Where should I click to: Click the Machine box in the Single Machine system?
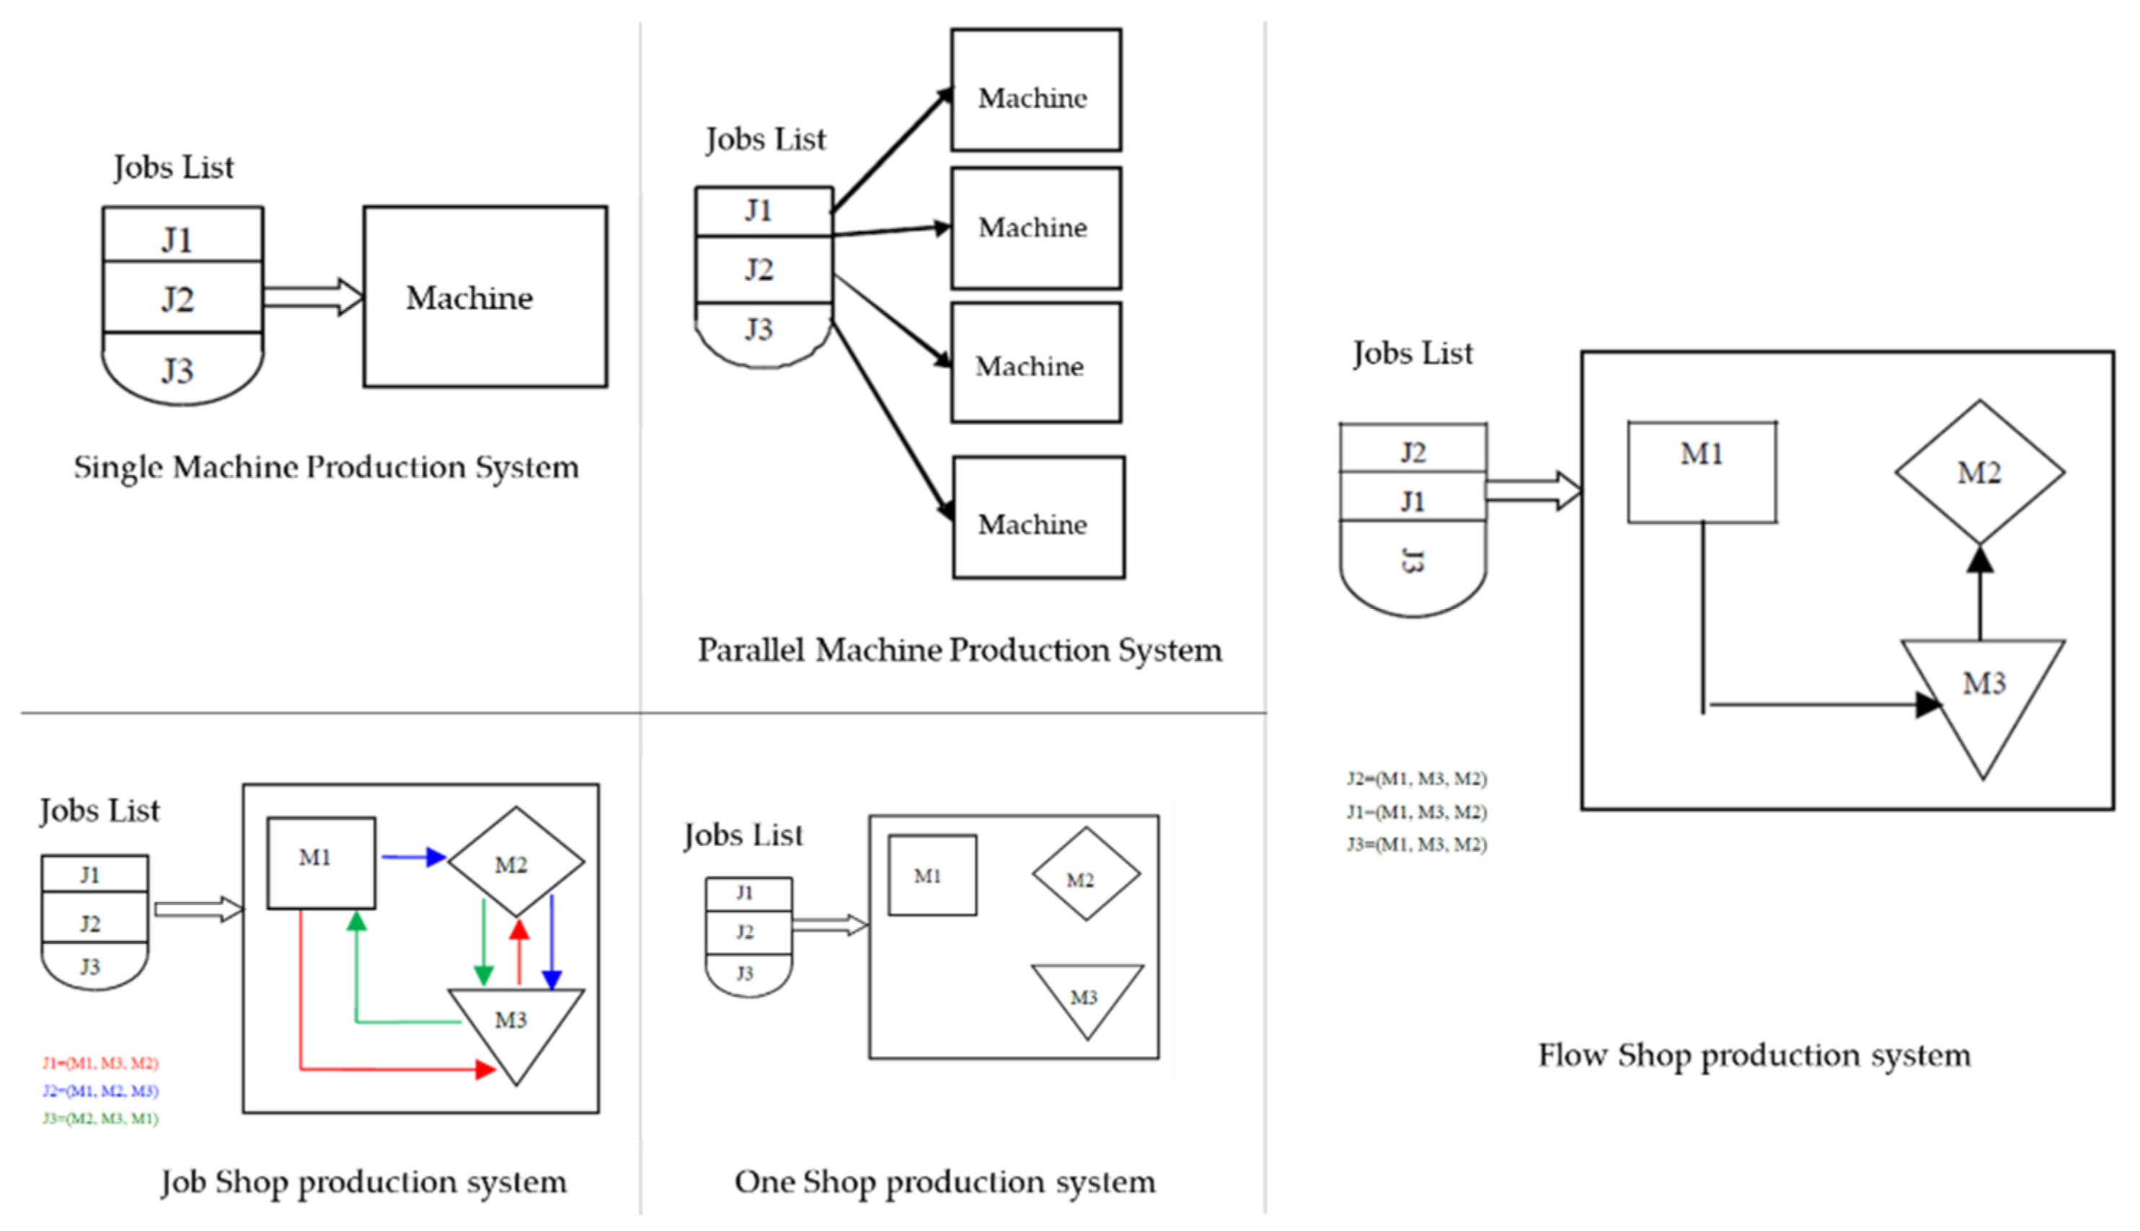[485, 297]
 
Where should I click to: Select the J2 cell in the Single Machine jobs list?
[182, 298]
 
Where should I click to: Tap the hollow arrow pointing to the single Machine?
[313, 297]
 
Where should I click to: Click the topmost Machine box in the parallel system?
[1035, 91]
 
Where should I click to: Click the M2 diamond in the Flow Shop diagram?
[1978, 472]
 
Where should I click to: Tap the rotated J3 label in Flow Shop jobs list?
[1412, 561]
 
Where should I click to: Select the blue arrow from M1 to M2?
[412, 858]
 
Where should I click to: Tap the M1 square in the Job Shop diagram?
[321, 863]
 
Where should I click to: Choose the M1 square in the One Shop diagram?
[932, 876]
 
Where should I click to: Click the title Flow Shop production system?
[1754, 1055]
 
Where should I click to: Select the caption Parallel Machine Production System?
[959, 650]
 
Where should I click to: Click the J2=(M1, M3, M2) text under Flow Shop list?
[1417, 778]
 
